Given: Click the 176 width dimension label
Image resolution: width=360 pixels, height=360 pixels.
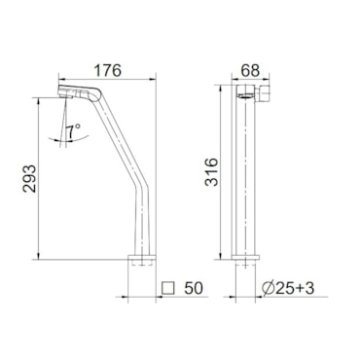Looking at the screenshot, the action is (107, 71).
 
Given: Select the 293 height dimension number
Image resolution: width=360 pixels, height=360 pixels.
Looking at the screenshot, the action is (30, 179).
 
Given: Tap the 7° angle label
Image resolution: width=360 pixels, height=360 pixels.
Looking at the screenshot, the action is (73, 131).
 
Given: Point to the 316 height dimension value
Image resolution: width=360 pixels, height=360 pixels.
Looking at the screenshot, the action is (211, 172).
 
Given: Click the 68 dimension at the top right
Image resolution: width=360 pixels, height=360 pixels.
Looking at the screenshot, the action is (251, 71).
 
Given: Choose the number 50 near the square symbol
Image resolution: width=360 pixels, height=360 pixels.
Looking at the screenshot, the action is (194, 288).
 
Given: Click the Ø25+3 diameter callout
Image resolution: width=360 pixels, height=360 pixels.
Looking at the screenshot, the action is (288, 288).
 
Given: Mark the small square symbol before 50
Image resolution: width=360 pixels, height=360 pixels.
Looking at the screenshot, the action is (168, 288).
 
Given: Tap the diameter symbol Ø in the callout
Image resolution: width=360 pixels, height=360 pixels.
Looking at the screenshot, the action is (269, 288).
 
